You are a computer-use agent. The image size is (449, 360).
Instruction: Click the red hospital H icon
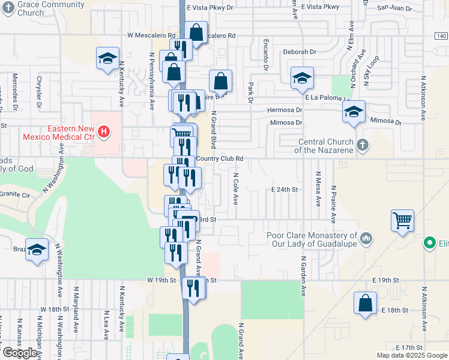pos(104,131)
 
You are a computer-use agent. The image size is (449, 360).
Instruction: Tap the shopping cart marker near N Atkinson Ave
pos(402,220)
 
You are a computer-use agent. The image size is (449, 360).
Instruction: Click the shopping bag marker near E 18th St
pos(365,303)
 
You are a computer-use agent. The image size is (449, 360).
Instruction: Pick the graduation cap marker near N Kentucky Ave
pos(107,59)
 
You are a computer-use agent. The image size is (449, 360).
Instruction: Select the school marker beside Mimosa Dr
pos(354,112)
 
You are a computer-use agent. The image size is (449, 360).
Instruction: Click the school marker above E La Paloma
pos(302,78)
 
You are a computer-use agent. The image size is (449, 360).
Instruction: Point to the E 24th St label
pos(285,190)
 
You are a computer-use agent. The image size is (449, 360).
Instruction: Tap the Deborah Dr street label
pos(300,52)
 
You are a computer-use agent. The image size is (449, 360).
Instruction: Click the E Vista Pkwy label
pos(320,7)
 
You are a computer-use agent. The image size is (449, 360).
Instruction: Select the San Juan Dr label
pos(394,8)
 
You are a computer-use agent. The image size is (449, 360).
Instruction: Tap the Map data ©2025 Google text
pos(412,355)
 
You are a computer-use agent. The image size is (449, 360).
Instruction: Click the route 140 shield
pos(441,36)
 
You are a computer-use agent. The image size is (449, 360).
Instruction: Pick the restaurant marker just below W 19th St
pos(193,288)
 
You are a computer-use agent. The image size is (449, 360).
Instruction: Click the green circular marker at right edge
pos(430,243)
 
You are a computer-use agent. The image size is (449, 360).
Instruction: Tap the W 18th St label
pos(56,310)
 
